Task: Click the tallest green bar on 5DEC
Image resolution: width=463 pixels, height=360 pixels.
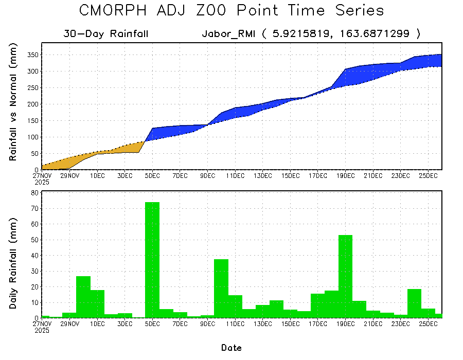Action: click(152, 260)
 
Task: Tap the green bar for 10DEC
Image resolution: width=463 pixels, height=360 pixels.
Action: click(221, 288)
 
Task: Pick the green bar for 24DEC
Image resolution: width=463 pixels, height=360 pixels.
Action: click(414, 303)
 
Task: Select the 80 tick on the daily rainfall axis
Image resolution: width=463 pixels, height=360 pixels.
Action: click(34, 193)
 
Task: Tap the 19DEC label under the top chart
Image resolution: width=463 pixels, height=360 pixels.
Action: click(345, 176)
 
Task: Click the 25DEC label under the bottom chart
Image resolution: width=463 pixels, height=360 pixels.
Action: click(428, 324)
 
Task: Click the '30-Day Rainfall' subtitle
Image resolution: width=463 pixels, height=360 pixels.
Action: click(106, 34)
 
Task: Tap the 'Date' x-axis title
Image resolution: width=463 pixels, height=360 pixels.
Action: click(231, 348)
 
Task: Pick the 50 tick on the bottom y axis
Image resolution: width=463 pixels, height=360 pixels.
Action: click(34, 240)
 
